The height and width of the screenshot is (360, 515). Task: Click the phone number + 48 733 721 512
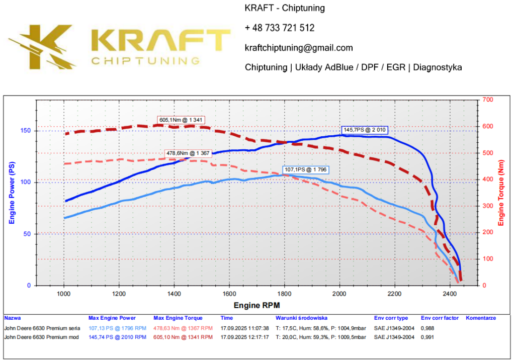280,28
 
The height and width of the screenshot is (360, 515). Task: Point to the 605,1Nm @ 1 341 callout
182,120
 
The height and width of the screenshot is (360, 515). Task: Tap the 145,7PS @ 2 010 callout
365,130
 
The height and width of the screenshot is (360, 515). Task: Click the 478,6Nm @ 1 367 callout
189,153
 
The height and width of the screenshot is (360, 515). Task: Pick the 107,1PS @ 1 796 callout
306,170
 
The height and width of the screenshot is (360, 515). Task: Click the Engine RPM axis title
256,305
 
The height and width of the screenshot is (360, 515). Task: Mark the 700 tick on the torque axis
487,100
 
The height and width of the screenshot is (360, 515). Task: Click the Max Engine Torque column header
178,318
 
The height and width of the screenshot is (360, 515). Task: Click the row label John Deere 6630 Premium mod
41,337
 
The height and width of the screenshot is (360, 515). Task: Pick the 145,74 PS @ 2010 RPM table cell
117,337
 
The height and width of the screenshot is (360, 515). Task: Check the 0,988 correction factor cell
428,328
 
